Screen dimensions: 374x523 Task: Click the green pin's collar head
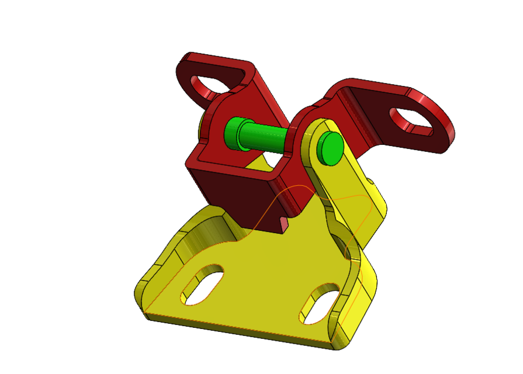pos(235,132)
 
